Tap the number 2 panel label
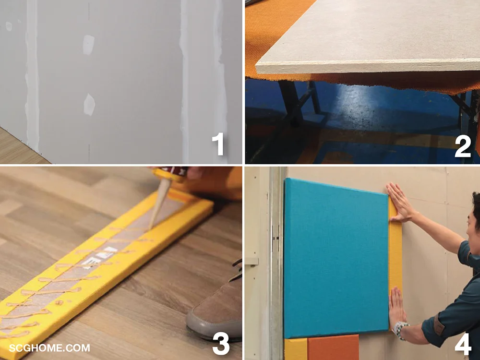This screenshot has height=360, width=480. coord(463,146)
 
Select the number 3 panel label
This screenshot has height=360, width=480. coord(221,344)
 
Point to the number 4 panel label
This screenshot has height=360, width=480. coord(463,344)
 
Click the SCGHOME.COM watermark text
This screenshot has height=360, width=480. coord(49,348)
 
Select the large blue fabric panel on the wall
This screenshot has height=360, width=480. coord(336,258)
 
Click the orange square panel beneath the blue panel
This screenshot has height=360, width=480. coord(333,347)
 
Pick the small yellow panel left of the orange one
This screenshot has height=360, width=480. coord(296,349)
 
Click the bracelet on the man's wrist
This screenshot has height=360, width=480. coord(400,331)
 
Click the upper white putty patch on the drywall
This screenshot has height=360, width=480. coord(88,45)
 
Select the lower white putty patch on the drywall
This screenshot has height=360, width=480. coord(89,105)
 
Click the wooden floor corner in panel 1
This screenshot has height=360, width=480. coord(18,147)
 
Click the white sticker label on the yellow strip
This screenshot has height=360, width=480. coord(98,258)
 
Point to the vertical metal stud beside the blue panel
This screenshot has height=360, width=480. coord(277,263)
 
